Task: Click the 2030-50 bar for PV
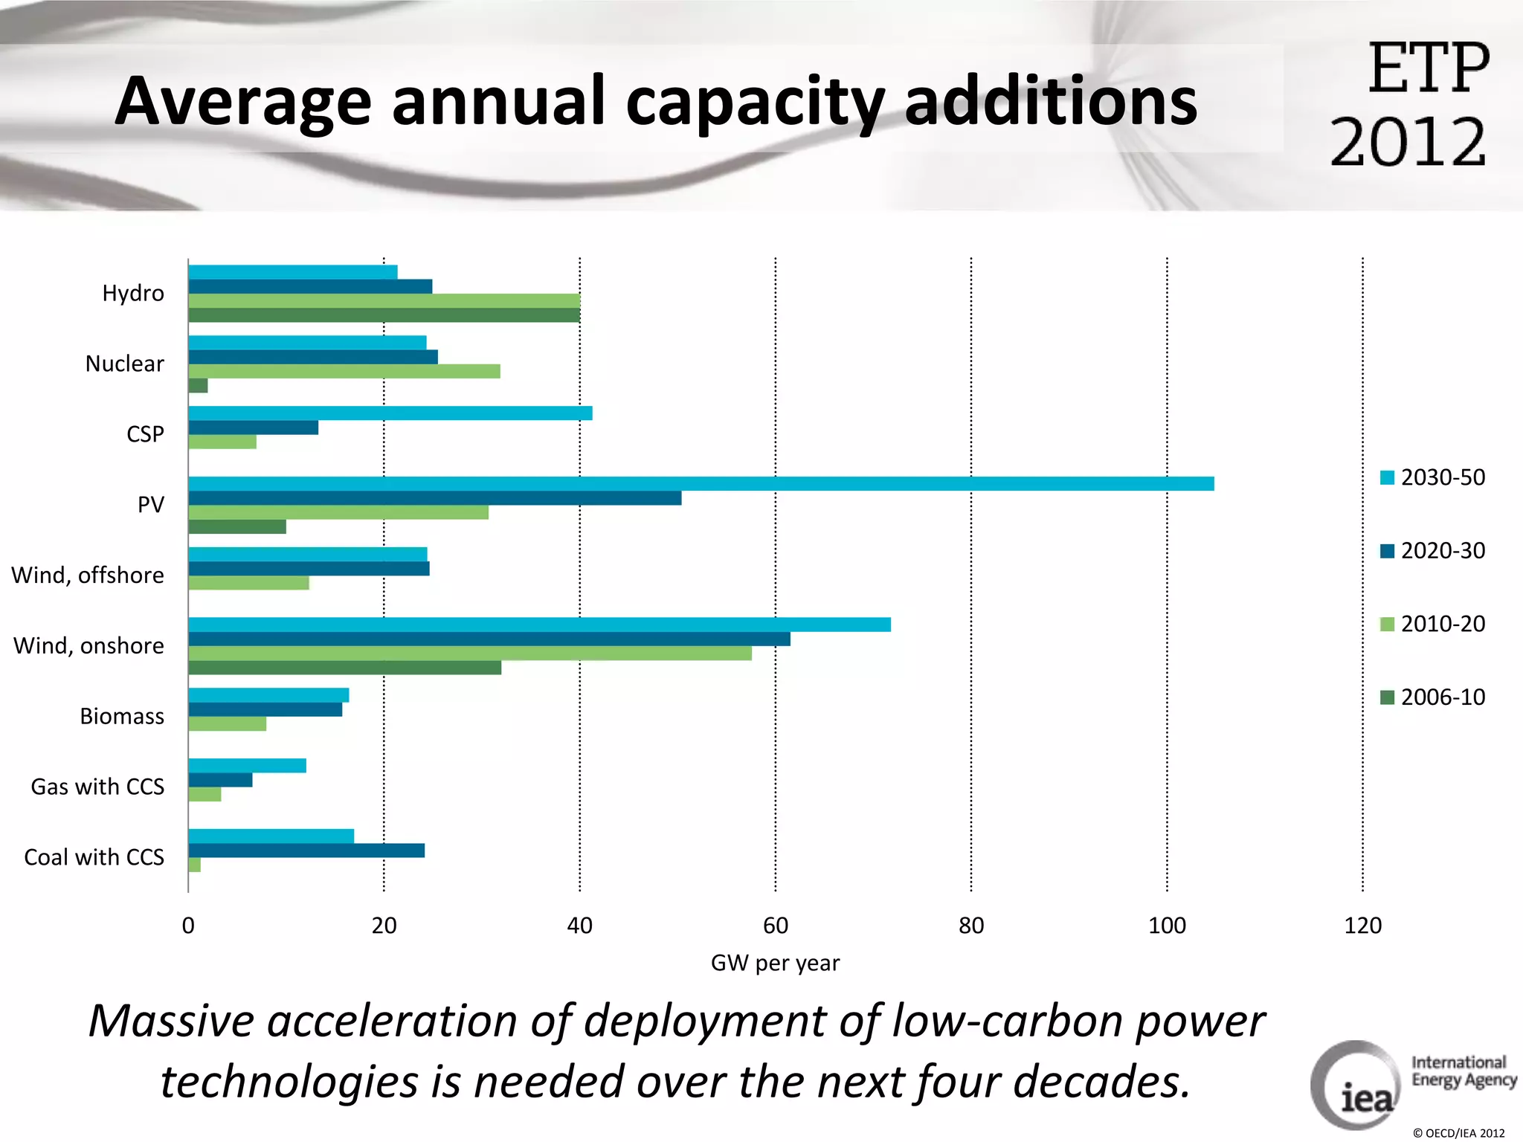(x=701, y=484)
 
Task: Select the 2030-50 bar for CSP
(x=390, y=413)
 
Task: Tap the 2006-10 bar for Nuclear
(x=198, y=385)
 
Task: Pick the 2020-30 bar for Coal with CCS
(x=306, y=851)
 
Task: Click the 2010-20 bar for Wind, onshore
(x=469, y=654)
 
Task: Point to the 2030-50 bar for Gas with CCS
(x=247, y=766)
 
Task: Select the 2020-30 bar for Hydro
(x=310, y=287)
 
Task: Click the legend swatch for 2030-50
(x=1387, y=477)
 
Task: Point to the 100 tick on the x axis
(x=1167, y=926)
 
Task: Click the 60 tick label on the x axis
(x=776, y=926)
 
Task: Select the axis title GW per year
(x=775, y=963)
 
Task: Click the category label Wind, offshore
(x=88, y=575)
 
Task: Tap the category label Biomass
(x=122, y=716)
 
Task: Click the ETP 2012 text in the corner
(x=1410, y=104)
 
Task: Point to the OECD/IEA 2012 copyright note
(x=1458, y=1133)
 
